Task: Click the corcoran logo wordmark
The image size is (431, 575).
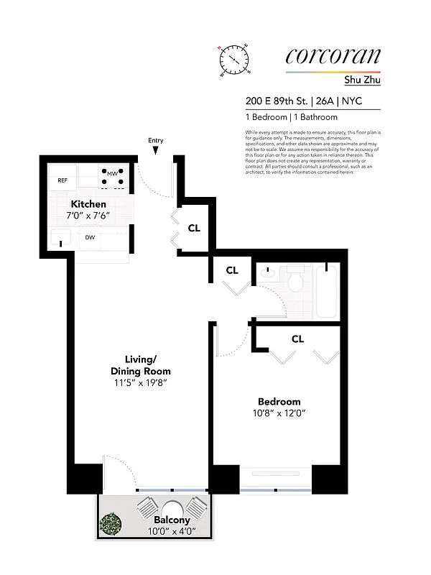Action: [333, 56]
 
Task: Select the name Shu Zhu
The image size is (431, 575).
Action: [363, 80]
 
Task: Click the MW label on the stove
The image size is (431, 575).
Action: [112, 173]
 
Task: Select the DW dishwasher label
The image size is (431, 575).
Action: [91, 237]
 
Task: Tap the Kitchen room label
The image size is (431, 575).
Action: [88, 204]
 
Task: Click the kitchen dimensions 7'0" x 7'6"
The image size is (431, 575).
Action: [88, 216]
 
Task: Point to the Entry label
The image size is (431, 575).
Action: [156, 140]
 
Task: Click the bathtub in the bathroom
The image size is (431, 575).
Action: [327, 291]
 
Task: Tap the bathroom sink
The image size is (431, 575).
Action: [267, 273]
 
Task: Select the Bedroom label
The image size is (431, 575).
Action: [279, 401]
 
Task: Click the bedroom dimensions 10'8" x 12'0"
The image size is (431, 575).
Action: [279, 413]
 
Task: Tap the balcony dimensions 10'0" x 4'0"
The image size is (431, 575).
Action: [172, 531]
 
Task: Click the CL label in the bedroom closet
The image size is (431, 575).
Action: [298, 338]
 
